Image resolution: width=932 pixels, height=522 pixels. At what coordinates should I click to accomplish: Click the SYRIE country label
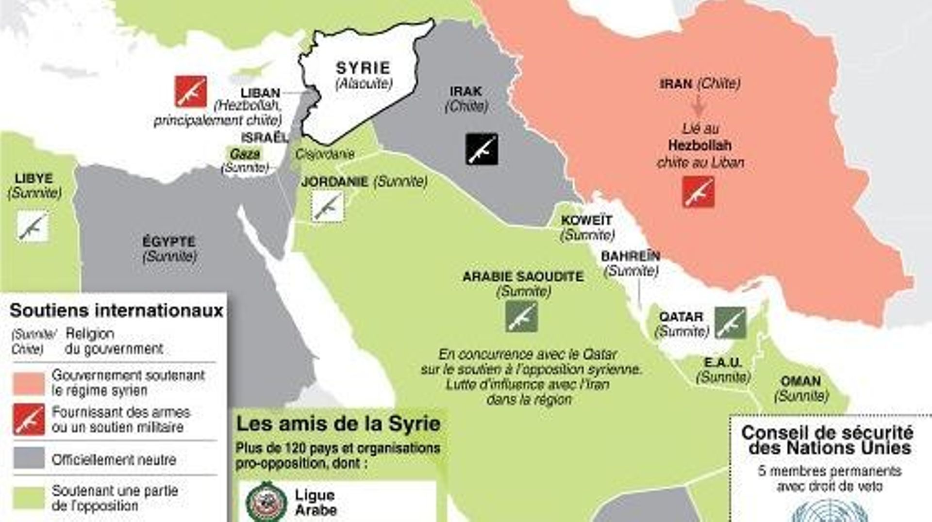click(x=363, y=68)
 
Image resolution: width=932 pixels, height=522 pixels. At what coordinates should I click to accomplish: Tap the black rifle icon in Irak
click(x=482, y=149)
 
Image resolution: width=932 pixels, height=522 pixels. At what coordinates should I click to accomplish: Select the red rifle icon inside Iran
click(x=698, y=192)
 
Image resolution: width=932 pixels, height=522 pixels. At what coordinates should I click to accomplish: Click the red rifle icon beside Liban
click(x=191, y=91)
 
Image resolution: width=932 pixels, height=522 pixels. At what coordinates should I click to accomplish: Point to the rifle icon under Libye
click(x=33, y=226)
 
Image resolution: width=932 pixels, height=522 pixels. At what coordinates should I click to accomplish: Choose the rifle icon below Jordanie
click(x=327, y=207)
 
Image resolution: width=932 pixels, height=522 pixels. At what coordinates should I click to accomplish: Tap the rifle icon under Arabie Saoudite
click(x=521, y=317)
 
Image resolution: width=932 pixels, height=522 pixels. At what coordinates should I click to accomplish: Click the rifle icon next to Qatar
click(x=731, y=323)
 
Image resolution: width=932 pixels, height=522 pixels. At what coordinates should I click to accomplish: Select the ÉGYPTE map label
click(x=169, y=242)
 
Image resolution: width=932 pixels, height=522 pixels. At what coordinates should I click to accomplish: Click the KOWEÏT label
click(x=586, y=220)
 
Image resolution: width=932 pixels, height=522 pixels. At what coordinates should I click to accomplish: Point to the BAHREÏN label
click(x=630, y=256)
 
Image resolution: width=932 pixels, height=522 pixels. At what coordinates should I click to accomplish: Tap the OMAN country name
click(x=801, y=381)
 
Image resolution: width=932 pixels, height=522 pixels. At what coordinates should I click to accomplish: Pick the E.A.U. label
click(x=723, y=362)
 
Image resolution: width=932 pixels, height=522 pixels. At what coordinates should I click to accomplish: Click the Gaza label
click(x=245, y=154)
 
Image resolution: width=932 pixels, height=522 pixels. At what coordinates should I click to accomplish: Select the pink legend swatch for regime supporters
click(x=29, y=383)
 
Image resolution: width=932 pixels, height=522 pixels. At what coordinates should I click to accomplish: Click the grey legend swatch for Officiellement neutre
click(x=29, y=458)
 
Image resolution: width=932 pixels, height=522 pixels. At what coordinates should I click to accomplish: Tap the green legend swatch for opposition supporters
click(x=29, y=498)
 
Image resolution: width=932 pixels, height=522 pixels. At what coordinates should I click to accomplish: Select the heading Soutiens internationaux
click(x=116, y=310)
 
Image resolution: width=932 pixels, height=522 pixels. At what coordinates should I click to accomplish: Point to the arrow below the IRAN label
click(x=699, y=105)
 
